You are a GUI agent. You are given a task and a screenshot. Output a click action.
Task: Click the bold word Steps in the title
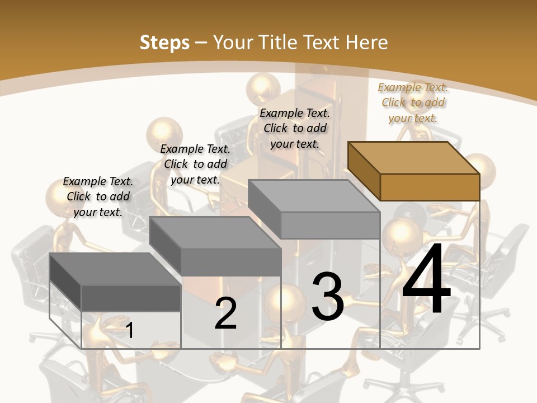(x=164, y=43)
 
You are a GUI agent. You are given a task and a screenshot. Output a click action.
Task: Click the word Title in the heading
(x=280, y=43)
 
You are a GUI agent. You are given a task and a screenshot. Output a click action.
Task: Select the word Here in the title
(x=366, y=43)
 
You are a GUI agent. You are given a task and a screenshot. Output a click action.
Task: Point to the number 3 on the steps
(x=327, y=296)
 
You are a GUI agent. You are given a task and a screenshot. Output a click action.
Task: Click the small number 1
(x=130, y=330)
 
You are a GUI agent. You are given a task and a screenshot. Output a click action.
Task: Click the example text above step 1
(x=98, y=196)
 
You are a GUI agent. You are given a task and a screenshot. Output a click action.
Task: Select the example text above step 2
(x=195, y=164)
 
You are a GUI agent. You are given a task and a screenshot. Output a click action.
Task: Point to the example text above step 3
(x=295, y=128)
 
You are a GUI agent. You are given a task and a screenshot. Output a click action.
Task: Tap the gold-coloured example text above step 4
(x=413, y=102)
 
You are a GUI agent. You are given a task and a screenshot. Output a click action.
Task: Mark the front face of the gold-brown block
(x=430, y=187)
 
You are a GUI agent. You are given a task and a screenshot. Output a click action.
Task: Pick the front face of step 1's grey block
(x=131, y=298)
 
